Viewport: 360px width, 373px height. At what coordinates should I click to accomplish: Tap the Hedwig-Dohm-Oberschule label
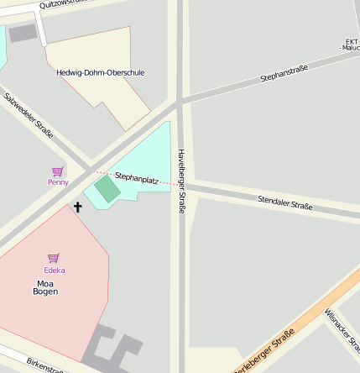(x=100, y=72)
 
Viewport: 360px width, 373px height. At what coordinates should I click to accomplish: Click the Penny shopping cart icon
(x=58, y=171)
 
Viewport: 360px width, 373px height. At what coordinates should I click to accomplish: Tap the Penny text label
(x=58, y=181)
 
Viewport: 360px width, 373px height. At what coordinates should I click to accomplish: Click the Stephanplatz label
(x=137, y=178)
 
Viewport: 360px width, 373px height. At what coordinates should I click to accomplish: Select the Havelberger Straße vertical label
(x=180, y=181)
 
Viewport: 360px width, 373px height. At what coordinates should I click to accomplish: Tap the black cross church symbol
(x=78, y=206)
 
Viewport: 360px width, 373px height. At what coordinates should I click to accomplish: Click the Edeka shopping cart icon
(x=54, y=258)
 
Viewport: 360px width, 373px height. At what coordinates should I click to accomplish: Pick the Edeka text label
(x=54, y=270)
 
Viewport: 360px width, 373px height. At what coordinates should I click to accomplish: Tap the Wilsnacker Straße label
(x=342, y=328)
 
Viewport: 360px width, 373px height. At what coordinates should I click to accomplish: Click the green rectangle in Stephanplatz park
(x=107, y=187)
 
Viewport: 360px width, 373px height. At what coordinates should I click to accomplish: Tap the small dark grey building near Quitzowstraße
(x=23, y=33)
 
